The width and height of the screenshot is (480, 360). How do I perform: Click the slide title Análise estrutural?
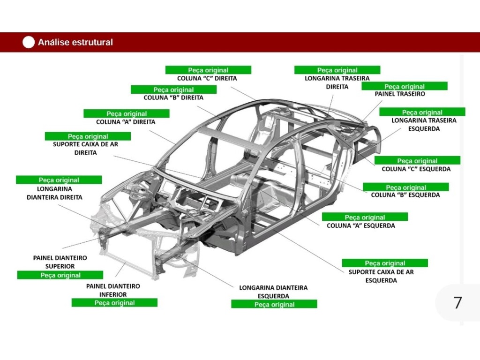pos(75,42)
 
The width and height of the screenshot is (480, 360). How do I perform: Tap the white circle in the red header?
pos(29,42)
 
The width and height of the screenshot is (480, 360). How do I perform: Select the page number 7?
pos(457,303)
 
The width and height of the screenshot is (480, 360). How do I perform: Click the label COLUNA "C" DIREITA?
pos(207,78)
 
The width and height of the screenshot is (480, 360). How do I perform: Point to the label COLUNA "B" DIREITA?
pos(173,98)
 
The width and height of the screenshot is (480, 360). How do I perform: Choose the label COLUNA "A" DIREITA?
pos(126,122)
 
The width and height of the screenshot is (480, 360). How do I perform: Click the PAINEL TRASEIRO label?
pos(400,94)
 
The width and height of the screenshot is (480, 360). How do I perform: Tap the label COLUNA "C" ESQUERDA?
pos(416,169)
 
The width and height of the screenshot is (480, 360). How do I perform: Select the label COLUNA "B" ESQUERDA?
pos(405,195)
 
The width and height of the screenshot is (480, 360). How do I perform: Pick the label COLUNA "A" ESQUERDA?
pos(360,225)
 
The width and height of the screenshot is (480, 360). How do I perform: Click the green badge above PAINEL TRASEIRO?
pos(405,86)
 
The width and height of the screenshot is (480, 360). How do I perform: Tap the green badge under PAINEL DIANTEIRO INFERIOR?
pos(114,303)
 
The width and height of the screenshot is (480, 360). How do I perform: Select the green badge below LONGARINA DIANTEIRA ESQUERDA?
pos(274,305)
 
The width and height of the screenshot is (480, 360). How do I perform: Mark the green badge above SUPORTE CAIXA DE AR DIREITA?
pos(88,136)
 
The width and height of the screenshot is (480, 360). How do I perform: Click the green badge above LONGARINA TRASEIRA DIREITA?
pos(337,70)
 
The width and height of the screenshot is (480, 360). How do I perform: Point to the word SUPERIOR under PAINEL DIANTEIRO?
pos(60,266)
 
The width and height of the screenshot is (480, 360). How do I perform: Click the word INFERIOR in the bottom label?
pos(112,294)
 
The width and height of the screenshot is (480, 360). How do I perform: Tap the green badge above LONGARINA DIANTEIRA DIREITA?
pos(59,180)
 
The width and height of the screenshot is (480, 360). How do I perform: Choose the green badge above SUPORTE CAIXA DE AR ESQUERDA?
pos(385,263)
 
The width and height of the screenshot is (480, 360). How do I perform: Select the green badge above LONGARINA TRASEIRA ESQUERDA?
pos(422,112)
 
